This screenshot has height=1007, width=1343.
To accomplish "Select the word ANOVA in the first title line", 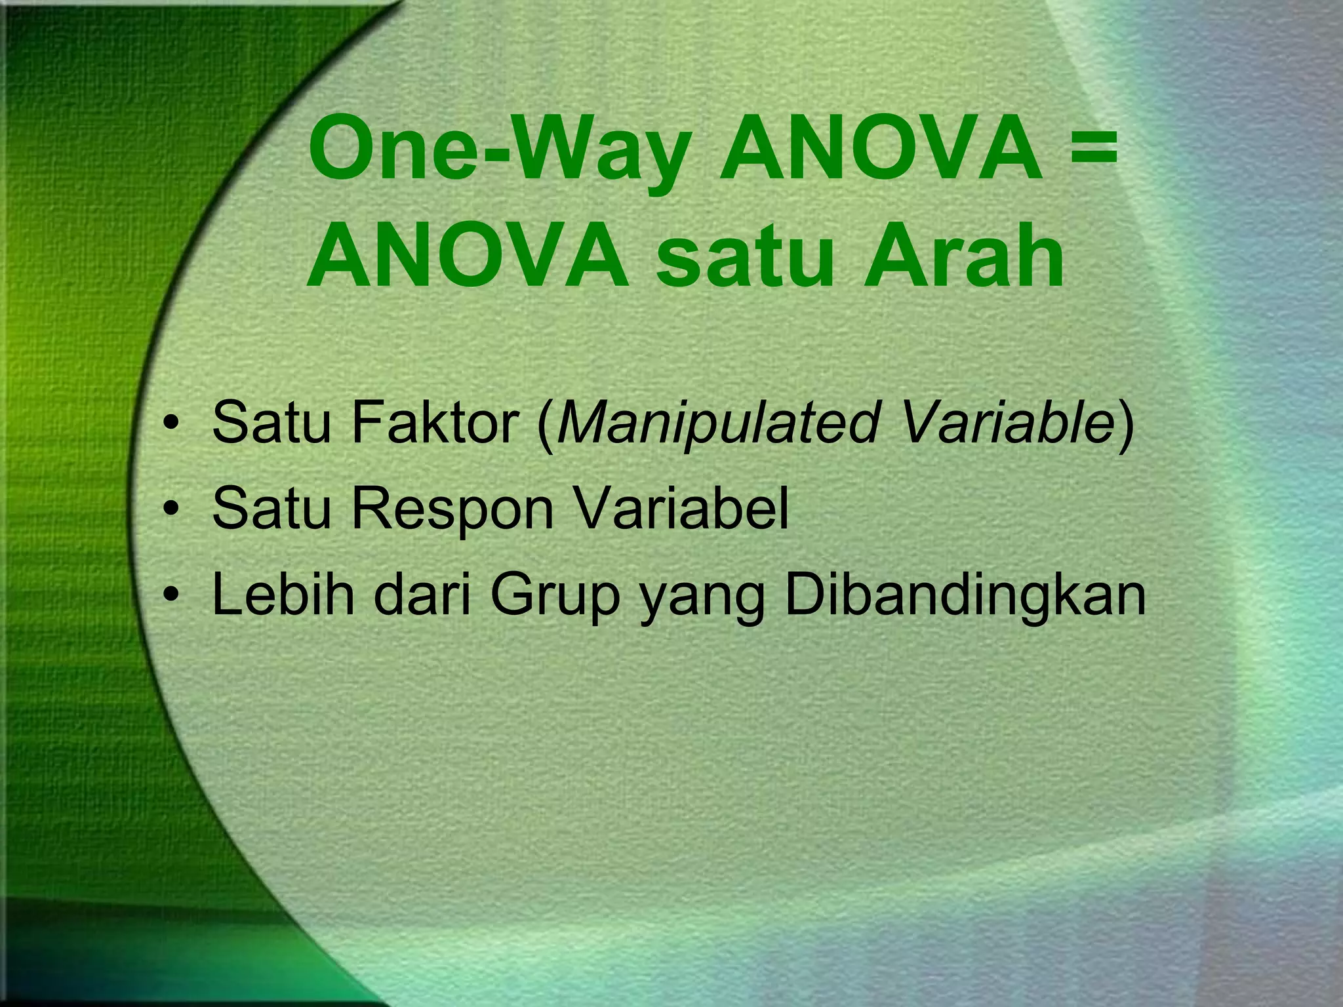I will (x=881, y=152).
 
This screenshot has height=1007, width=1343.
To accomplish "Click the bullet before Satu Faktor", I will (x=172, y=425).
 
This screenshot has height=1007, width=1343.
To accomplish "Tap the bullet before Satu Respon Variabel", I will (x=172, y=511).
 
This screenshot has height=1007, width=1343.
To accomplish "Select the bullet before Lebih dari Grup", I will (x=172, y=597).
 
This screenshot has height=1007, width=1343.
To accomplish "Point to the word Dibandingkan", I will (x=965, y=597).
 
